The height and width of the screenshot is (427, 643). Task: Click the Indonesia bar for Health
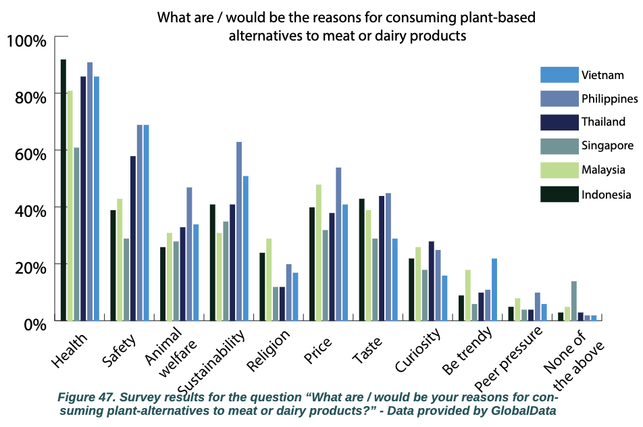click(x=63, y=190)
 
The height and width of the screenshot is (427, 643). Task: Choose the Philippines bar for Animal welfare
click(x=190, y=253)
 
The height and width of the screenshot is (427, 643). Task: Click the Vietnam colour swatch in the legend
click(x=560, y=75)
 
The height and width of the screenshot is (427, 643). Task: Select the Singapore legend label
click(x=607, y=145)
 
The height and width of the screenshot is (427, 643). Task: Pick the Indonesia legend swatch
click(x=560, y=195)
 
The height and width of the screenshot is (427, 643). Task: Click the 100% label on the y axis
click(x=26, y=41)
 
